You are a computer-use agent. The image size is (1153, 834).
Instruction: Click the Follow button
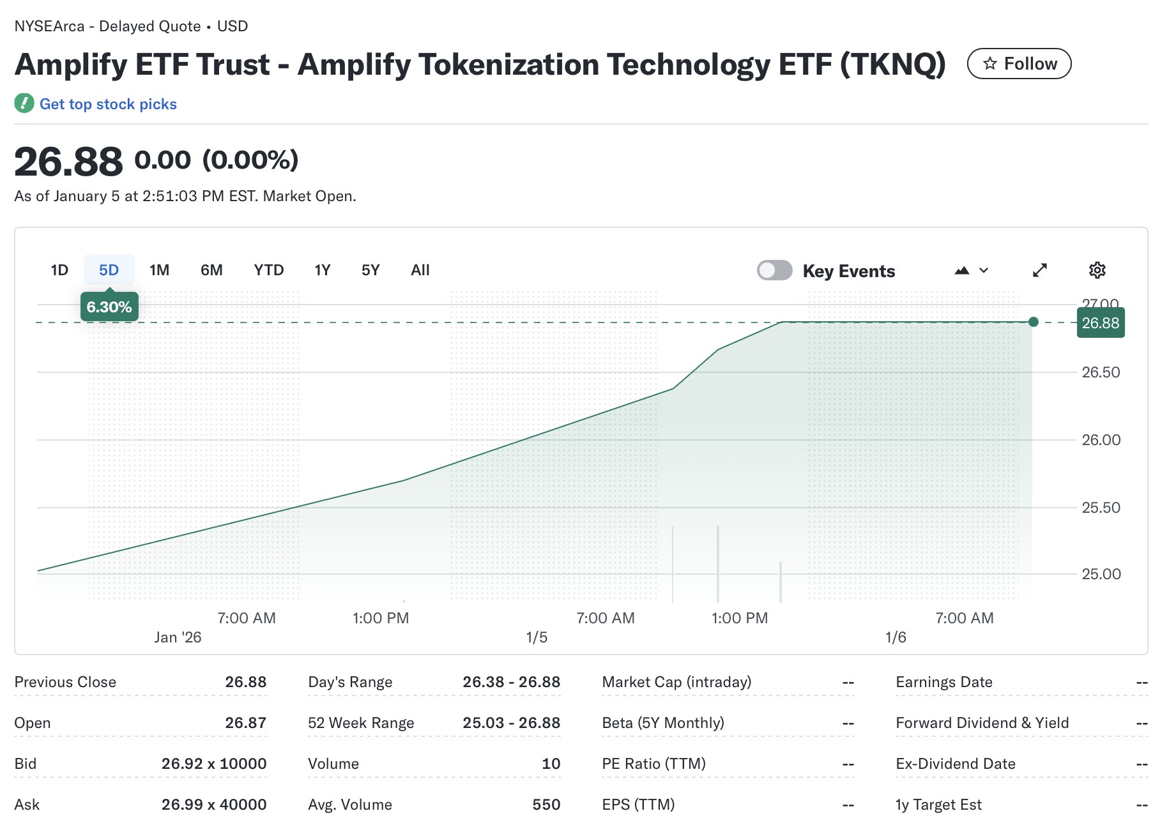pos(1019,64)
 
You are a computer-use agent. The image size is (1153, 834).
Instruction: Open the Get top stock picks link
pos(107,104)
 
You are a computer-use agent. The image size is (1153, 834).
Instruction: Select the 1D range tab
pos(59,270)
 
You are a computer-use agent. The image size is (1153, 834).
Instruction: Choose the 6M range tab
pos(211,270)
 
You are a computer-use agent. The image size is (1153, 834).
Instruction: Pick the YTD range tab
pos(268,270)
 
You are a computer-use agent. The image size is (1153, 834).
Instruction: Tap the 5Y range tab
pos(370,270)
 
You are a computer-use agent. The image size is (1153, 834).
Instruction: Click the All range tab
pos(420,270)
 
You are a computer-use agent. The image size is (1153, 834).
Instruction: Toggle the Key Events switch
pos(774,270)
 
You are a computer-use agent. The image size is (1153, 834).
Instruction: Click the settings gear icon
pos(1097,270)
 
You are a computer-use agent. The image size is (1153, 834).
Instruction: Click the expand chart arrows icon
pos(1040,270)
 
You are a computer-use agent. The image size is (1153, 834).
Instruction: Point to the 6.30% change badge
pos(109,307)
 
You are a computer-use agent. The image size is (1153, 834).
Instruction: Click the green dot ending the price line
pos(1034,322)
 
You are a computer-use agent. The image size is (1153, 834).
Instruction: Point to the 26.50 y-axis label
pos(1101,372)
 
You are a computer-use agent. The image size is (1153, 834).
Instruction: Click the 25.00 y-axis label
pos(1101,574)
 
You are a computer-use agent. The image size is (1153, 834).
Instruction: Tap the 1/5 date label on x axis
pos(537,637)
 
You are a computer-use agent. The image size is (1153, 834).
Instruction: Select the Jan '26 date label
pos(178,637)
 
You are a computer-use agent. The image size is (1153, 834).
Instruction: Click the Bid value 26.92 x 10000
pos(214,764)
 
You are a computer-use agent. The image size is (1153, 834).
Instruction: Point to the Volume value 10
pos(551,764)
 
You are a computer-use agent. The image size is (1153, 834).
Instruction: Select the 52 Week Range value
pos(511,723)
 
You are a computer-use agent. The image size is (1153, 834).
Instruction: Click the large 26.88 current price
pos(68,162)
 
